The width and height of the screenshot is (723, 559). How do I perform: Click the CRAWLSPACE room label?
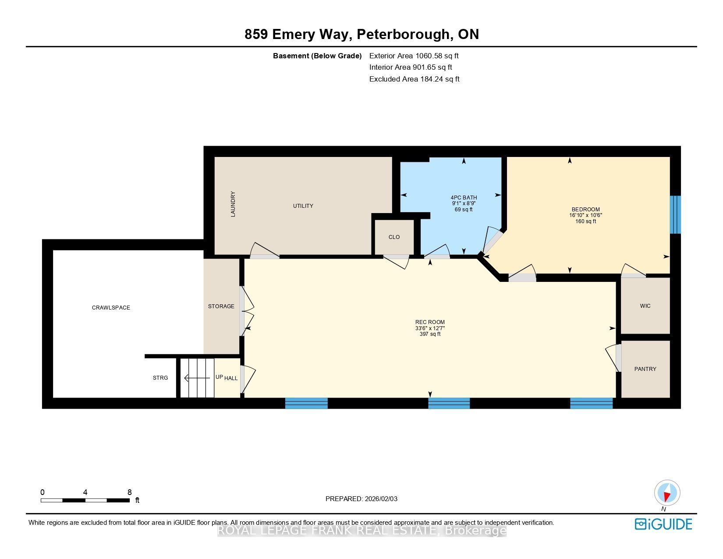tap(111, 308)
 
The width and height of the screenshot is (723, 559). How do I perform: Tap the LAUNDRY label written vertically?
tap(233, 204)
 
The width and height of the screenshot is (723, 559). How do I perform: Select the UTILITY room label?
tap(303, 206)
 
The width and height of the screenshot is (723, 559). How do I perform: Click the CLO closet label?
tap(394, 237)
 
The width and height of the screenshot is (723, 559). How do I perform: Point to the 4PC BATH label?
tap(464, 197)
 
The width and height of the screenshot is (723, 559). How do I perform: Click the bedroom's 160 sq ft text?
tap(585, 221)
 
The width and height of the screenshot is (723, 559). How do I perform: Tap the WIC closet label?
tap(645, 306)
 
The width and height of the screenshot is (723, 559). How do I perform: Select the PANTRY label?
tap(645, 369)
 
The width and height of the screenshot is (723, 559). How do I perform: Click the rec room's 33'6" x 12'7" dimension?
tap(430, 328)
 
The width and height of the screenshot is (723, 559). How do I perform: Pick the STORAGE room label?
tap(221, 306)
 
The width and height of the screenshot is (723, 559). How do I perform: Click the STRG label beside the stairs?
tap(160, 377)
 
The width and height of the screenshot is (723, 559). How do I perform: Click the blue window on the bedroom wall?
tap(675, 214)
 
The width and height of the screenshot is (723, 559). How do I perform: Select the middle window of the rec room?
tap(449, 403)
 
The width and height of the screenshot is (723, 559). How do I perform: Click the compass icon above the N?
tap(667, 493)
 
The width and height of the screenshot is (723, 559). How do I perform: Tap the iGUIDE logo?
tap(663, 524)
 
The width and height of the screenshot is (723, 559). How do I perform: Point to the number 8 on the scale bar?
tap(129, 492)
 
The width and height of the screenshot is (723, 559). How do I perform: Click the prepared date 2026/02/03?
tap(381, 499)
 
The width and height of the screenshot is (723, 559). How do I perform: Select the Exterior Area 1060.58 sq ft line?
tap(414, 56)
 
